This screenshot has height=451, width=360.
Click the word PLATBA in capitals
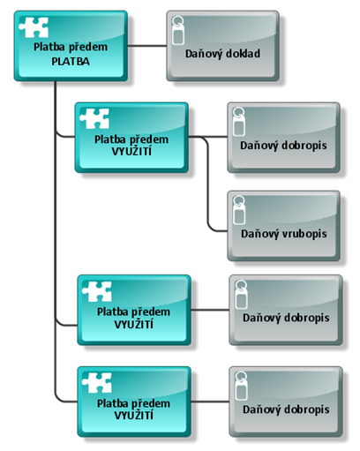pyautogui.click(x=71, y=60)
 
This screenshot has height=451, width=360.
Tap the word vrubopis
pyautogui.click(x=304, y=234)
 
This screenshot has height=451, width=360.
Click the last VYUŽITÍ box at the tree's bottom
pyautogui.click(x=131, y=402)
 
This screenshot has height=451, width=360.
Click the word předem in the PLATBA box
pyautogui.click(x=91, y=46)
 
